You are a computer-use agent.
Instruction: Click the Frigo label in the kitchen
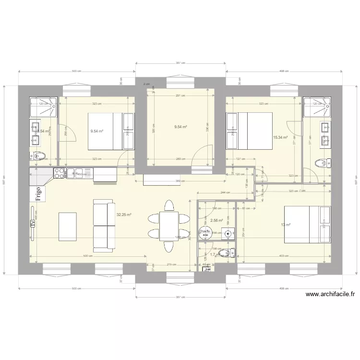coord(38,192)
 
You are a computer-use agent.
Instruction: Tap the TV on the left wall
coord(33,224)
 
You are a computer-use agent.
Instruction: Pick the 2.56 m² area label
coord(217,220)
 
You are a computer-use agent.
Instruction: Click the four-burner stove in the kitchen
coord(60,173)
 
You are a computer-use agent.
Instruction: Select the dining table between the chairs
coord(168,226)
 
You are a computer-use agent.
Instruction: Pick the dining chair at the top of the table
coord(168,205)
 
